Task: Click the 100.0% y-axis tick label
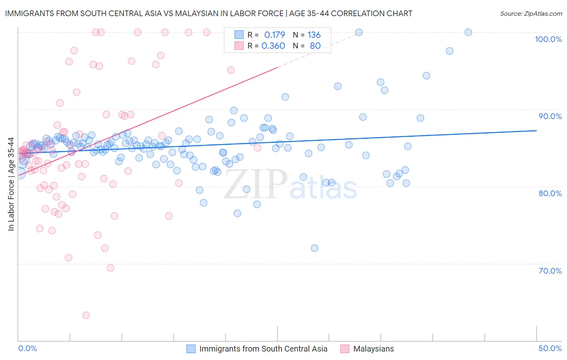(x=548, y=39)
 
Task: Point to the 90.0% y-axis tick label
(x=550, y=116)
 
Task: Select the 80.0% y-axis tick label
(x=550, y=193)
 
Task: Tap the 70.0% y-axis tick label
(x=550, y=271)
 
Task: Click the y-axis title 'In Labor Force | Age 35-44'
(x=11, y=184)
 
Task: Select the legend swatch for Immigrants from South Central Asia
(x=191, y=349)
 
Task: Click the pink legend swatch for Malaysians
(x=344, y=349)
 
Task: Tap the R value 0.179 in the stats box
(x=274, y=35)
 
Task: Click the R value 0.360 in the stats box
(x=273, y=46)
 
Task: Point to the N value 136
(x=314, y=35)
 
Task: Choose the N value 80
(x=315, y=46)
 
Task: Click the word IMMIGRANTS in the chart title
(x=28, y=14)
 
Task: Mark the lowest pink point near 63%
(x=86, y=315)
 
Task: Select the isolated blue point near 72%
(x=315, y=248)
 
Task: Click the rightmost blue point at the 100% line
(x=468, y=32)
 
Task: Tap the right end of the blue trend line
(x=536, y=130)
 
